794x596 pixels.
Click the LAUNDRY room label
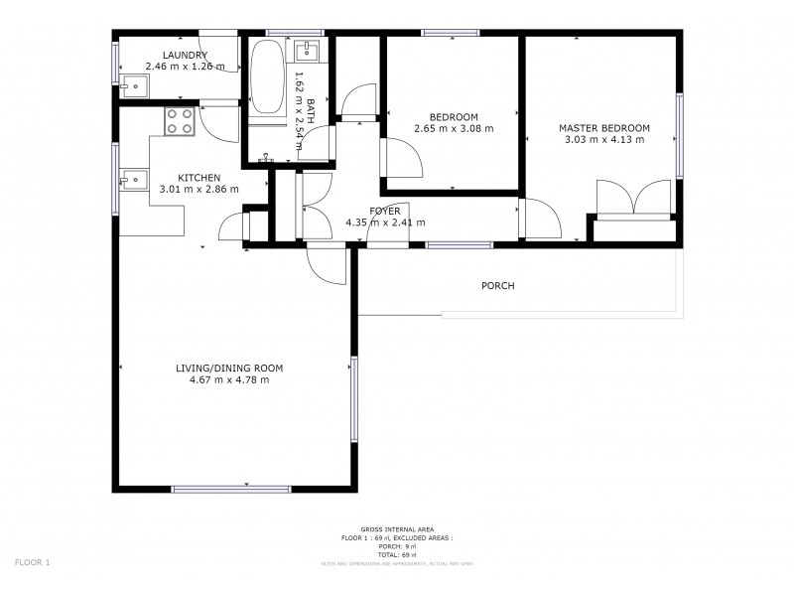(185, 55)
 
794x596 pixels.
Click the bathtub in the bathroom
(266, 78)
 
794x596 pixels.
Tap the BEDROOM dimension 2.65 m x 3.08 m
(453, 128)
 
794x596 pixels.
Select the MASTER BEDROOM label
(603, 127)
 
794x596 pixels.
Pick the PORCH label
(497, 286)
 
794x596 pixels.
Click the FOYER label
(384, 211)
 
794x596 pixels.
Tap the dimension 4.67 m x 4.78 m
(221, 379)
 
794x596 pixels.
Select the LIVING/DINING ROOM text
(221, 369)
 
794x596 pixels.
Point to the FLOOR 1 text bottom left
(32, 562)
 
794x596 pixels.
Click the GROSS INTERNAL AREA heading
(397, 529)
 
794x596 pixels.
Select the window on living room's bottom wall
(231, 489)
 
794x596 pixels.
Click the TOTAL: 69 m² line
(397, 554)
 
